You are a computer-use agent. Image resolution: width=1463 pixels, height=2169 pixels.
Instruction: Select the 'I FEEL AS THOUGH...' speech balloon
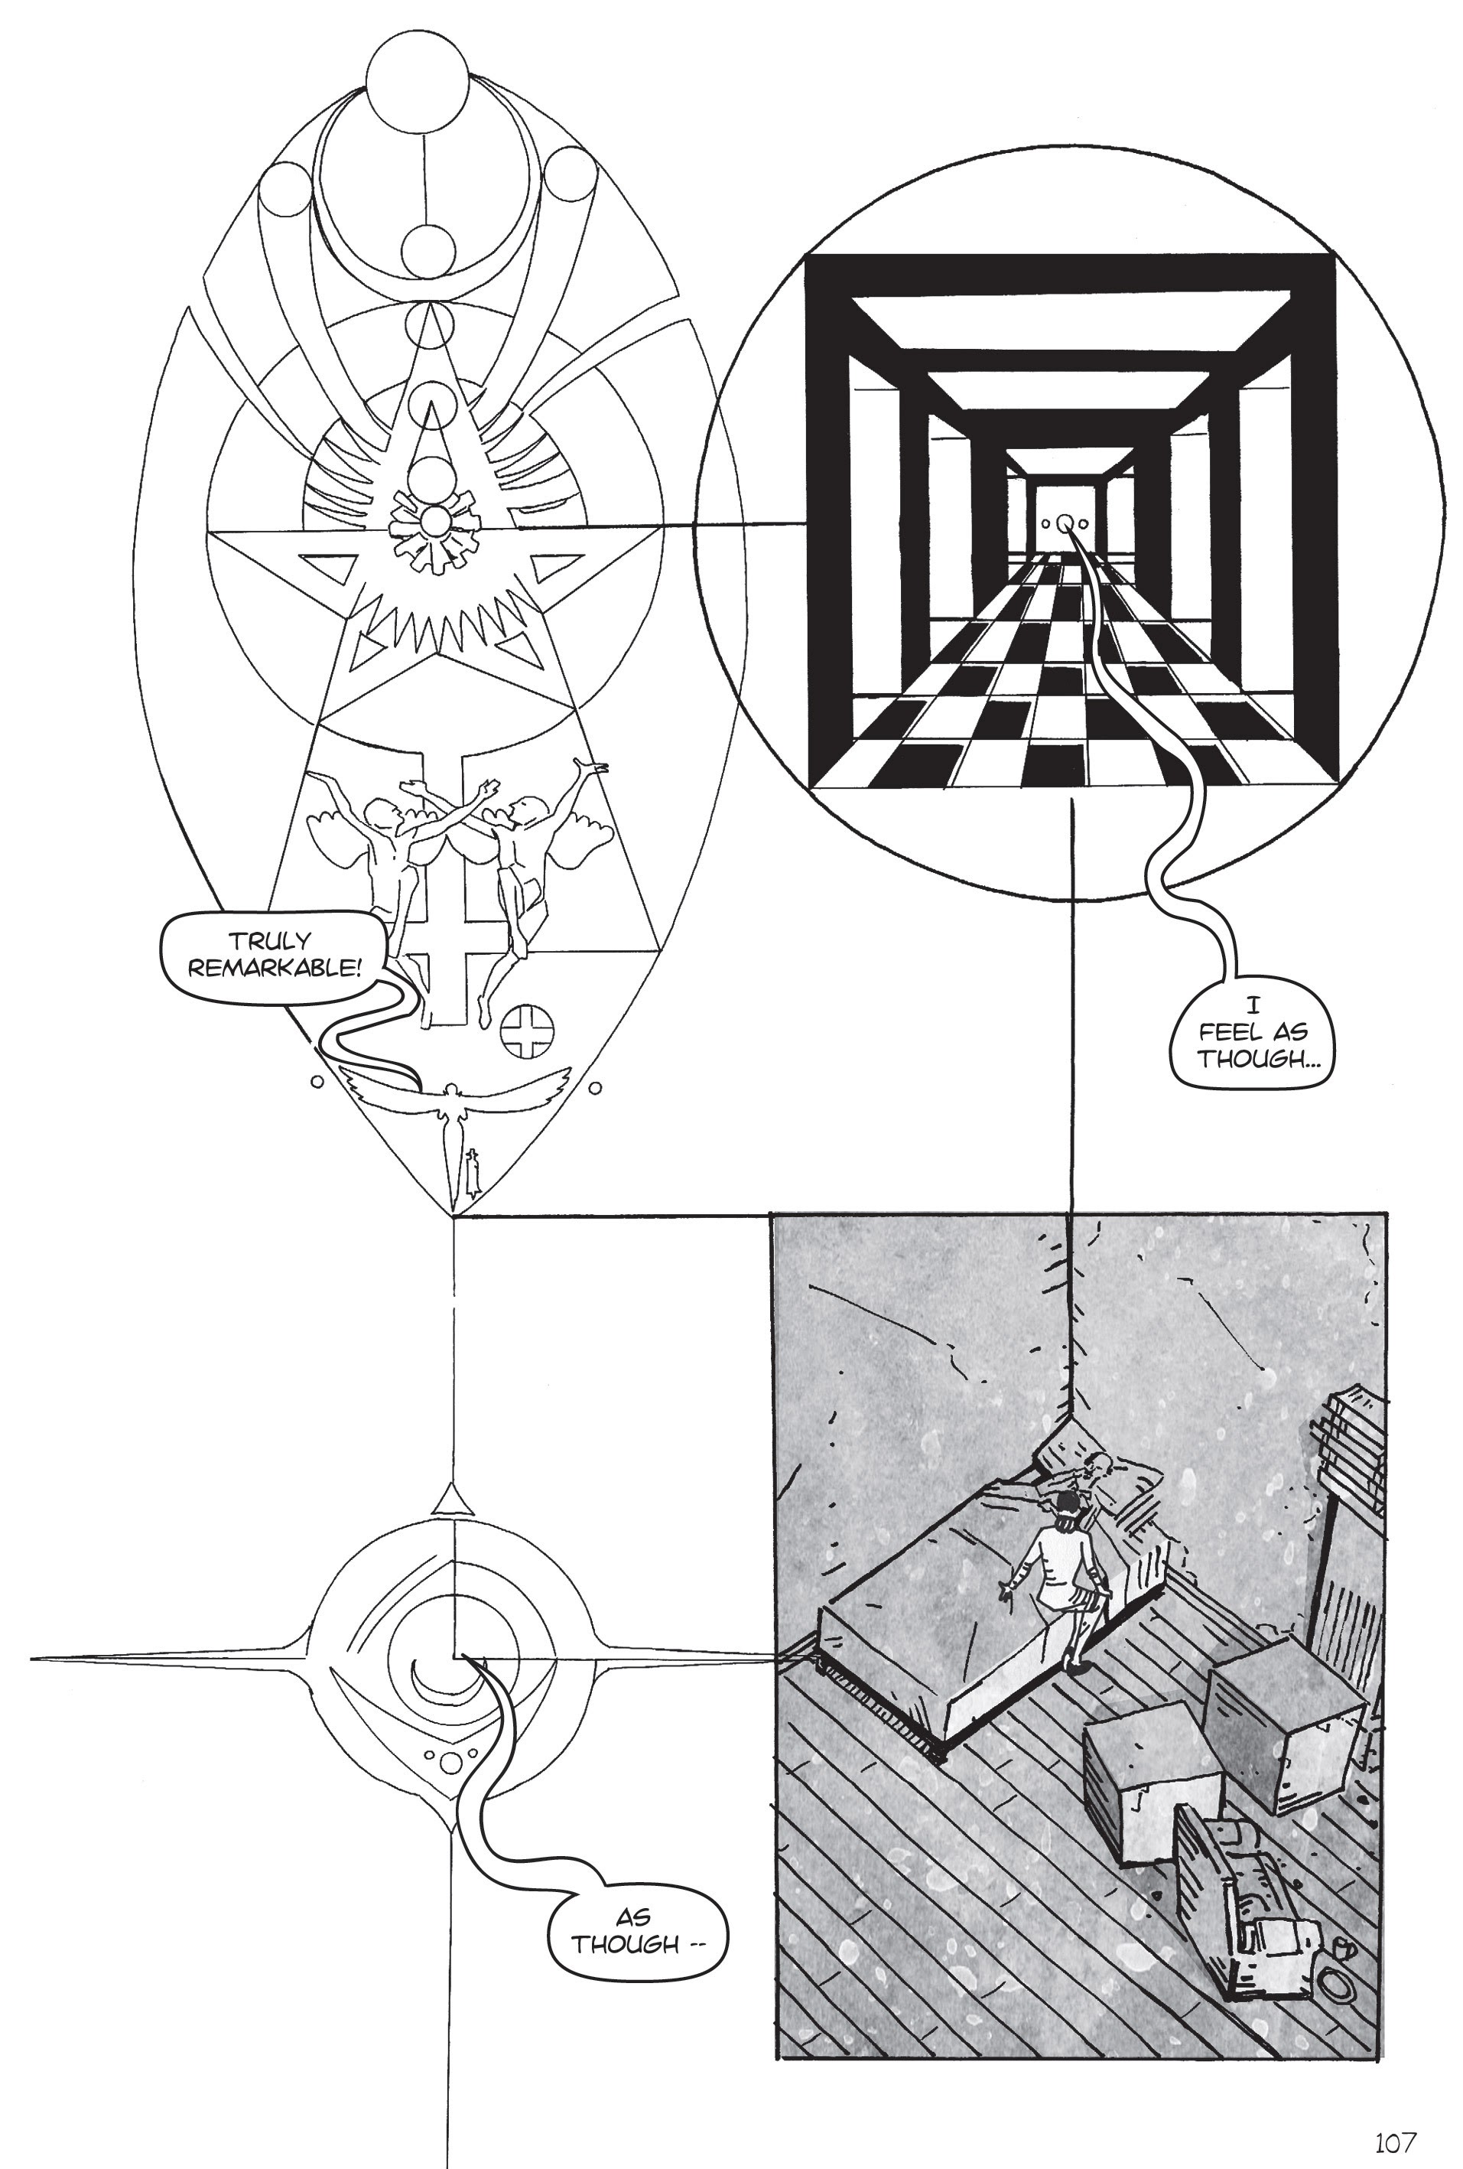tap(1253, 1032)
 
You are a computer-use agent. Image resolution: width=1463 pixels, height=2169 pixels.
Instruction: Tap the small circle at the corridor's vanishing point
tap(1065, 523)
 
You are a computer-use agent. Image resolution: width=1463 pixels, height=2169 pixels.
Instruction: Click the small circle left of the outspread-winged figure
tap(317, 1083)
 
